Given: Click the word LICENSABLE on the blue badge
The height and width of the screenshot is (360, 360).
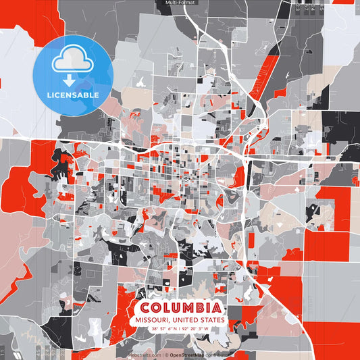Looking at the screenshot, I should point(73,95).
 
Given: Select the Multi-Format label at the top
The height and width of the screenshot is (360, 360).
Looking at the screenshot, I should point(179,3).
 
